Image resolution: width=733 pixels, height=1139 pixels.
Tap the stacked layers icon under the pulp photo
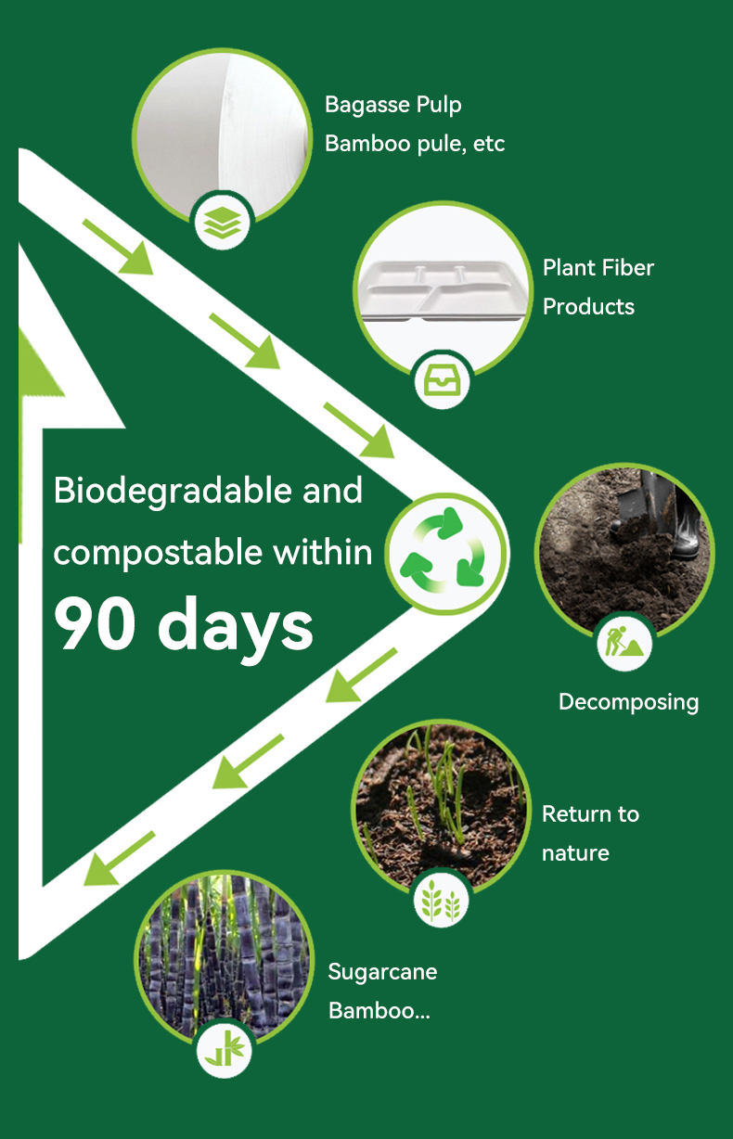223,223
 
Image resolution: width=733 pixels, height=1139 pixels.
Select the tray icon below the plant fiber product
442,381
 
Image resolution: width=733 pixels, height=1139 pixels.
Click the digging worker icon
624,642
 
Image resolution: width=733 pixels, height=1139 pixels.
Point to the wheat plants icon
441,902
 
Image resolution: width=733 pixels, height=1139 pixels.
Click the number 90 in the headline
96,623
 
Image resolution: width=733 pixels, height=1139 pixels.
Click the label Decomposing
629,703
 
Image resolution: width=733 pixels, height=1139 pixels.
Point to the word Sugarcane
382,973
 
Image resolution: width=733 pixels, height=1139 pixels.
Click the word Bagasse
367,105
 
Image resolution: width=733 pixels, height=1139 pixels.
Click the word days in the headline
235,628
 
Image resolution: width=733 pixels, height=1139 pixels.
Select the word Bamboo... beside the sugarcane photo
379,1011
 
